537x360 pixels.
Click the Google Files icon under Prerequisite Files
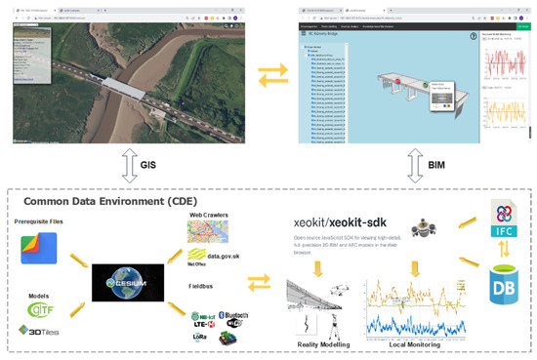tap(39, 247)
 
